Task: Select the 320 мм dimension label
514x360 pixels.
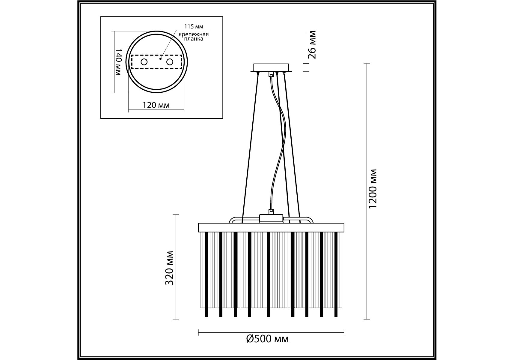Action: pos(169,268)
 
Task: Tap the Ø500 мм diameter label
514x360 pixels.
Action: pos(267,339)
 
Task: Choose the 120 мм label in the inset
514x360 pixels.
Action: pos(156,105)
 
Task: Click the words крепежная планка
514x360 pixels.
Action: pos(194,37)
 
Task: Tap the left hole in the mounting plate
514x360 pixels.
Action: pos(144,62)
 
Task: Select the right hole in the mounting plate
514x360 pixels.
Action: pos(170,62)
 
